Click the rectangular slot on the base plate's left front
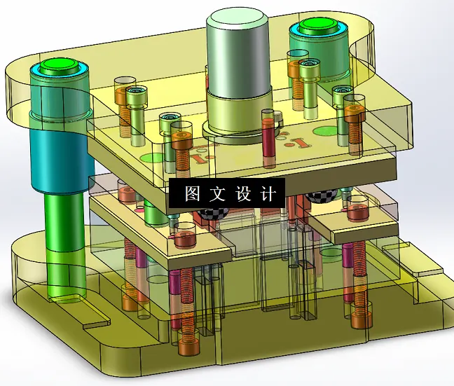click(96, 323)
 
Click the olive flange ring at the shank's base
click(238, 119)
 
